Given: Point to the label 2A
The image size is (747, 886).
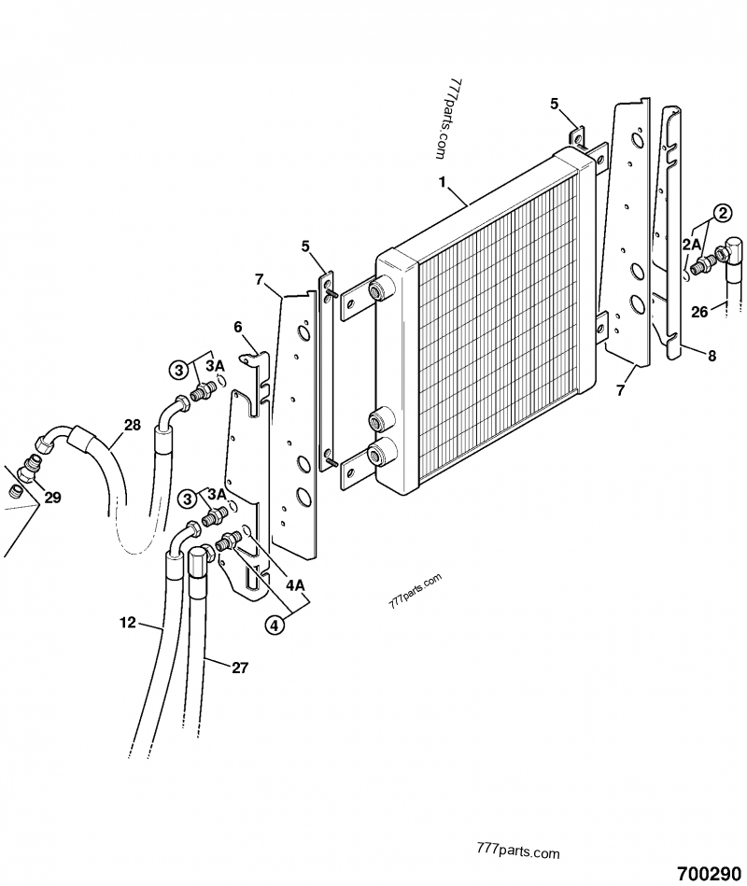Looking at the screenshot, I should tap(693, 244).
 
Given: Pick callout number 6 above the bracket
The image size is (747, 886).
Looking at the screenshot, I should tap(237, 327).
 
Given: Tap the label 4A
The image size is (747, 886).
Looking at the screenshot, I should tap(295, 585).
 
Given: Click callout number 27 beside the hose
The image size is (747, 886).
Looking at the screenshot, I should tap(240, 667).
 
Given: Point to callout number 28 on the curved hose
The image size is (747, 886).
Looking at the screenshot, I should tap(132, 425).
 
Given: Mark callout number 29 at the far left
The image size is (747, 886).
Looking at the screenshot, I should tap(52, 498).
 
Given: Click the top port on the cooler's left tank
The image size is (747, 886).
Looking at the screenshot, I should tap(380, 290).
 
